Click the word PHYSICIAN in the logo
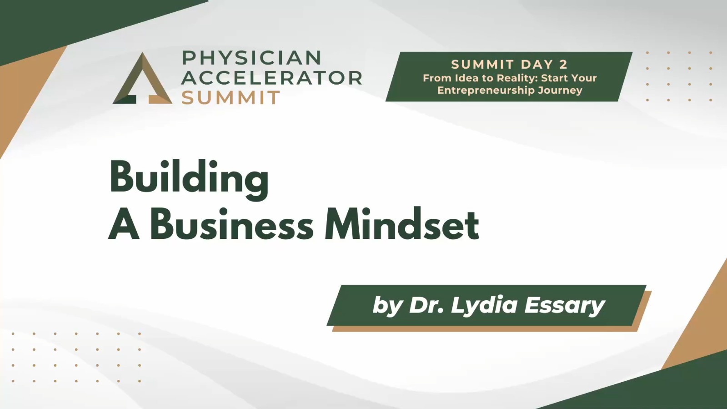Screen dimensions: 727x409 [251, 57]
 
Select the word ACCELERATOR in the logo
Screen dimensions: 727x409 [271, 78]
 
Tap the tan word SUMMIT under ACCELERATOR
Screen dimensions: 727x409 [231, 97]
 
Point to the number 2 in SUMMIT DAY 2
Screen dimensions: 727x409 [563, 64]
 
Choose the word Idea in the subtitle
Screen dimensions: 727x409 [466, 78]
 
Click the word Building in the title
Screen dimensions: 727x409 [189, 179]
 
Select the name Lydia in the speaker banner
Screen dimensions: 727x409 [484, 306]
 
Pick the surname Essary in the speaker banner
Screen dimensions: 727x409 [564, 306]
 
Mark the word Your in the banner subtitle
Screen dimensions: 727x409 [582, 78]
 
